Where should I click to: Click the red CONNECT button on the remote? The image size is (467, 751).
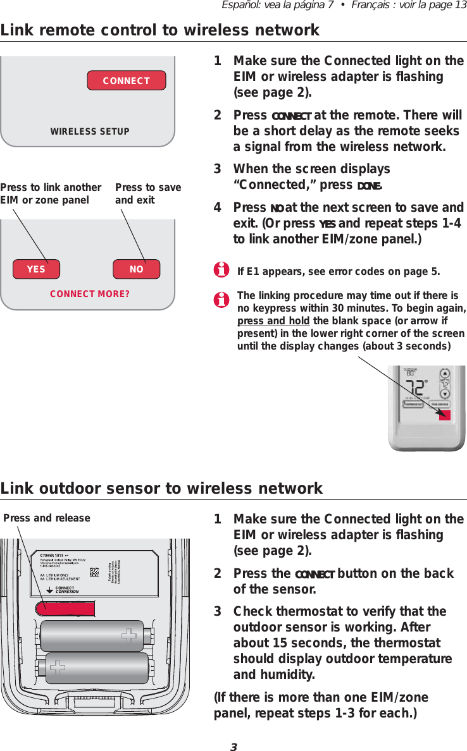pyautogui.click(x=126, y=80)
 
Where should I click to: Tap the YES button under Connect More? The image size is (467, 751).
pyautogui.click(x=37, y=269)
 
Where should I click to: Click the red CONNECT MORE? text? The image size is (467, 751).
pyautogui.click(x=89, y=294)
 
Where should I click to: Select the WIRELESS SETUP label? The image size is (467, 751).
pyautogui.click(x=90, y=131)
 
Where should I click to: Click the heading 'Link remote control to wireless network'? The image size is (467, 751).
pyautogui.click(x=160, y=30)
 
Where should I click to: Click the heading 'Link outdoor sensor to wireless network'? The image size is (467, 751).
pyautogui.click(x=162, y=488)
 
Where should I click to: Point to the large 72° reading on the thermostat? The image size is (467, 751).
pyautogui.click(x=416, y=387)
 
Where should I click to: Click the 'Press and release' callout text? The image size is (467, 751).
pyautogui.click(x=47, y=518)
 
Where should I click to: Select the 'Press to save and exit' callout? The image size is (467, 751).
pyautogui.click(x=148, y=193)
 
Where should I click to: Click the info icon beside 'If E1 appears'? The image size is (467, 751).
pyautogui.click(x=221, y=272)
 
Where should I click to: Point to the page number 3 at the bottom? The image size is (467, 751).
pyautogui.click(x=233, y=747)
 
